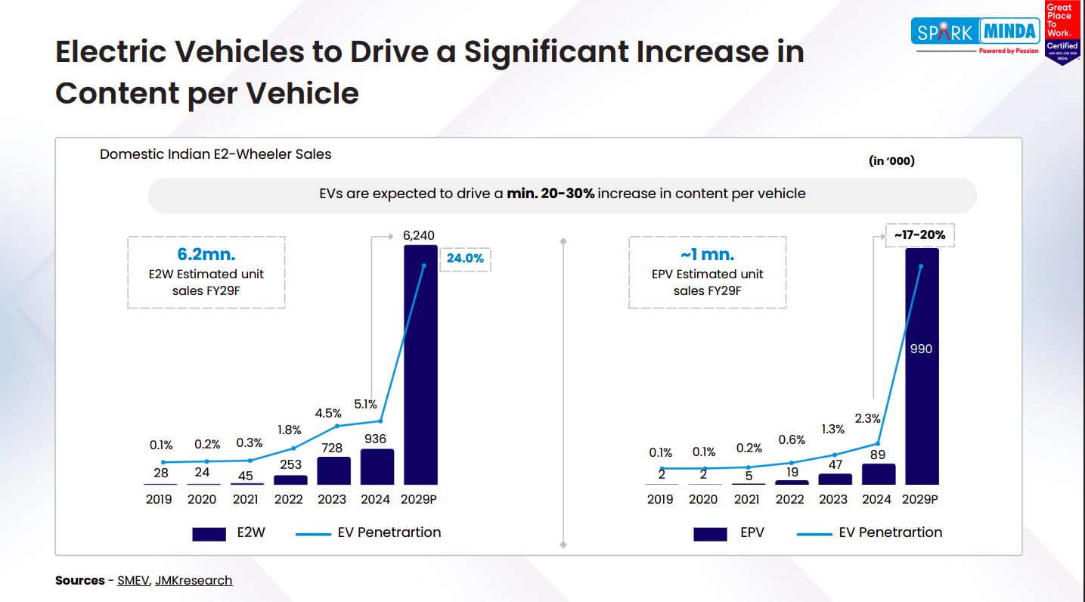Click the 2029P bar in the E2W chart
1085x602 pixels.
[420, 363]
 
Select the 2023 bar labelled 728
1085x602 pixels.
[333, 470]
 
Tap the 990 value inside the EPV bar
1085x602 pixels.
[921, 349]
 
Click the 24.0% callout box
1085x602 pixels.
[465, 259]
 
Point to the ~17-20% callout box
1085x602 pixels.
[919, 235]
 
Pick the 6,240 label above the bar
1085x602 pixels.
[419, 235]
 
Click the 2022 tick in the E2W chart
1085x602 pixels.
[289, 499]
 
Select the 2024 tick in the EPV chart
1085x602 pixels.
[877, 499]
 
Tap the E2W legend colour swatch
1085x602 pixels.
[209, 534]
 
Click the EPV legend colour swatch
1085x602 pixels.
[710, 534]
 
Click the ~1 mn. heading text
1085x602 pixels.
[707, 255]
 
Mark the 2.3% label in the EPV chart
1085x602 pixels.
[867, 417]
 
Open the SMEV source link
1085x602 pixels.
[134, 581]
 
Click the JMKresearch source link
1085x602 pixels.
[194, 581]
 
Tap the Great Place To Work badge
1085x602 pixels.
[1062, 32]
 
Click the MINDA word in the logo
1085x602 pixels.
[1009, 33]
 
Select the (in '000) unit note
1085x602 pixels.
[891, 161]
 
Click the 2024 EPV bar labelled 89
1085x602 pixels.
[879, 474]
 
